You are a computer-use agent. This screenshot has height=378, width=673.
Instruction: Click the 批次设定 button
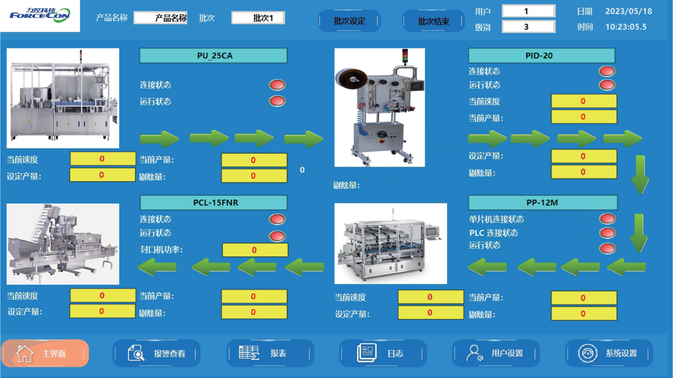pyautogui.click(x=349, y=21)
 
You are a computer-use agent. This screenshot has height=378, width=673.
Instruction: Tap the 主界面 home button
pyautogui.click(x=45, y=353)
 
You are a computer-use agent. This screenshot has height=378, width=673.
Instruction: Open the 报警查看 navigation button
pyautogui.click(x=157, y=353)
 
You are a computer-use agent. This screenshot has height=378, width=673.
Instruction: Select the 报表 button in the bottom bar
pyautogui.click(x=270, y=353)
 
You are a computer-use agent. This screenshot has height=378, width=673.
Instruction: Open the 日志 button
pyautogui.click(x=383, y=353)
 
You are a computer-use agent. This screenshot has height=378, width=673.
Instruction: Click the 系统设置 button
pyautogui.click(x=609, y=353)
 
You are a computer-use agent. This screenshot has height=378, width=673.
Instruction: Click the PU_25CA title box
pyautogui.click(x=213, y=55)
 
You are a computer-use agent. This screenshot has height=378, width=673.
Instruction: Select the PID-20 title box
pyautogui.click(x=541, y=55)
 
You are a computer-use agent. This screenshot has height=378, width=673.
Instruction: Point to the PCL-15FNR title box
pyautogui.click(x=214, y=202)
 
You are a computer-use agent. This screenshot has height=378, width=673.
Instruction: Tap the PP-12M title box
pyautogui.click(x=542, y=202)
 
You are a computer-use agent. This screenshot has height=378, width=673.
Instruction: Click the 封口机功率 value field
pyautogui.click(x=255, y=250)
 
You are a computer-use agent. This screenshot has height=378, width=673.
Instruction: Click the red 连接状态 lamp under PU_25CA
pyautogui.click(x=277, y=85)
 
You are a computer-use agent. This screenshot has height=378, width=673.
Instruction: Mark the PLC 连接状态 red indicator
pyautogui.click(x=607, y=233)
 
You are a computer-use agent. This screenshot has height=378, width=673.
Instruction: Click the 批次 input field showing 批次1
pyautogui.click(x=258, y=18)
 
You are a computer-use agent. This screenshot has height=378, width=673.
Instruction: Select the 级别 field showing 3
pyautogui.click(x=528, y=27)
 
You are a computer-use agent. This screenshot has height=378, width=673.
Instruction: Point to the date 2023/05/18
pyautogui.click(x=628, y=11)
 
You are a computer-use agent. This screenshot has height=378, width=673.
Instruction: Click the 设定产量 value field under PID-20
pyautogui.click(x=583, y=156)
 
